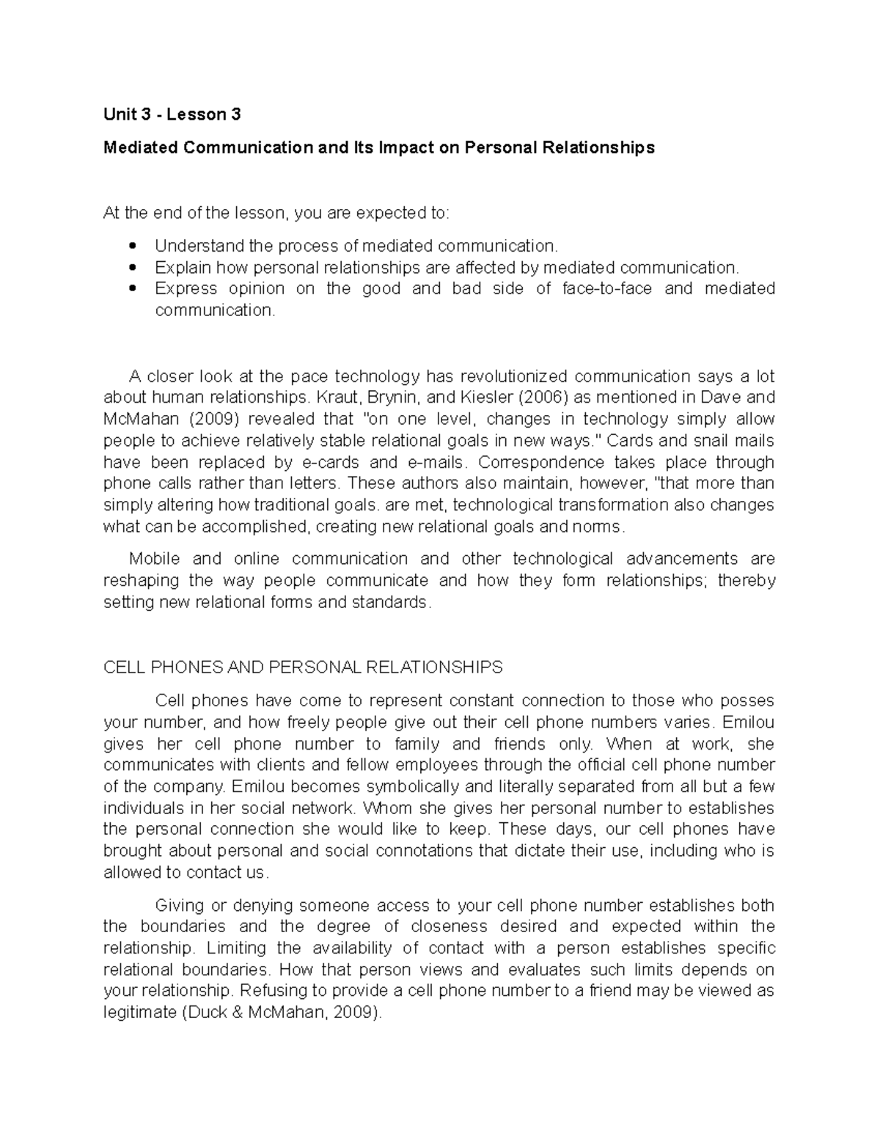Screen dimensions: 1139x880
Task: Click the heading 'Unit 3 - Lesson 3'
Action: (172, 114)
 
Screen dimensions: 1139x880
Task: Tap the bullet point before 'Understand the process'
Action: (132, 246)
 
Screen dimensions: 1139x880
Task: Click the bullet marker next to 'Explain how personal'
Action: (132, 267)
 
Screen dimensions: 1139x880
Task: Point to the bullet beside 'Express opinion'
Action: (132, 288)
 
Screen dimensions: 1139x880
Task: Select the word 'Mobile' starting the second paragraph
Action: (154, 559)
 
